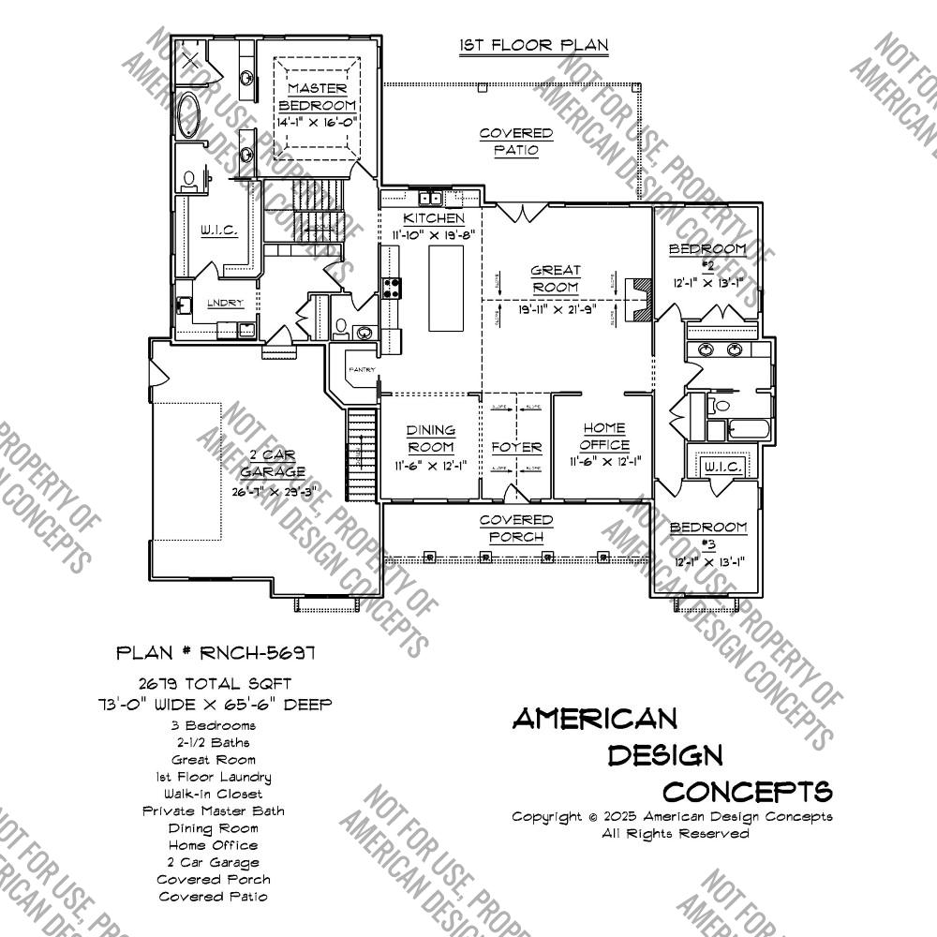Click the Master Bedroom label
[x=317, y=97]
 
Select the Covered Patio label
[x=515, y=141]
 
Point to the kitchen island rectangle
[x=447, y=291]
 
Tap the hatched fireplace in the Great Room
[x=640, y=301]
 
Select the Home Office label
[x=604, y=437]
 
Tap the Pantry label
[x=362, y=369]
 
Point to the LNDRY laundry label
[x=226, y=303]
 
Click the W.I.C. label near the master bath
[x=218, y=230]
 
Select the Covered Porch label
[x=515, y=528]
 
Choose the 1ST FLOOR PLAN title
[x=534, y=45]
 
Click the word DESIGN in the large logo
[x=665, y=754]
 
